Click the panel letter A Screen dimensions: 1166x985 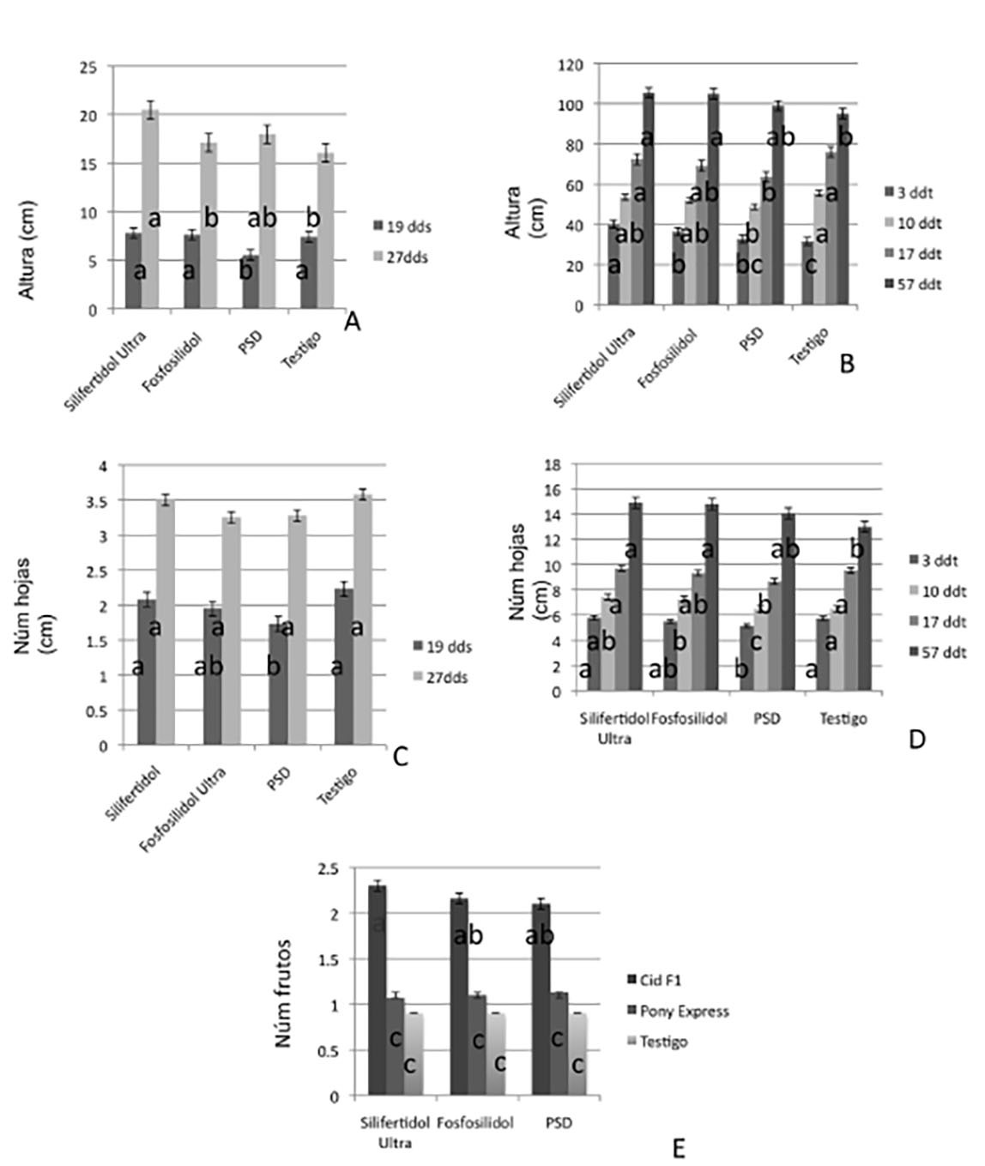[351, 322]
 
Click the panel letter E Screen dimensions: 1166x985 [679, 1148]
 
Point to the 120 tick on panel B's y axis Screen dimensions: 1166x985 [571, 64]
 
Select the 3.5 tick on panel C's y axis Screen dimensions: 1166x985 [101, 501]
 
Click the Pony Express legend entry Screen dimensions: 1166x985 [684, 1012]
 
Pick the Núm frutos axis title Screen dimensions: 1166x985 [284, 995]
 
